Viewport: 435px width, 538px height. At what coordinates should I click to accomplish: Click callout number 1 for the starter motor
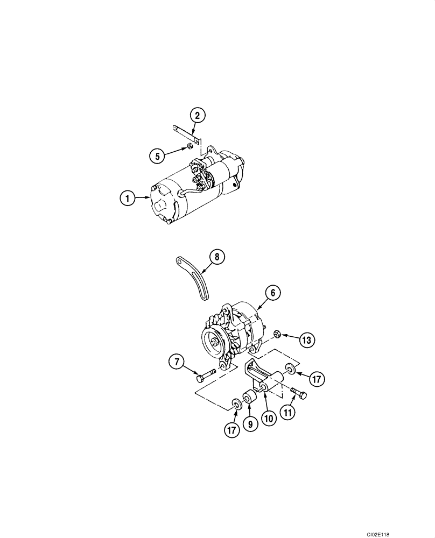point(128,198)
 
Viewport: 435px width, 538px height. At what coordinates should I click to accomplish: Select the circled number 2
point(197,115)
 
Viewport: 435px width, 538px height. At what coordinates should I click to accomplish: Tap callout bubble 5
point(157,157)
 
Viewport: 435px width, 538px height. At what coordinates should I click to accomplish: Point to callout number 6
point(272,293)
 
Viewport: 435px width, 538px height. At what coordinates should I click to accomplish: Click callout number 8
point(216,257)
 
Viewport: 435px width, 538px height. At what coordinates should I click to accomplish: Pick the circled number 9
point(250,424)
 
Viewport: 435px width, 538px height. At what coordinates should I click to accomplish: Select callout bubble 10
point(269,417)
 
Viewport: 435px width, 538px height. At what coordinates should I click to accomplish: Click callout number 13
point(306,340)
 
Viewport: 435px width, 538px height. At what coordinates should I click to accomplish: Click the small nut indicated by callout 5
point(190,145)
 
